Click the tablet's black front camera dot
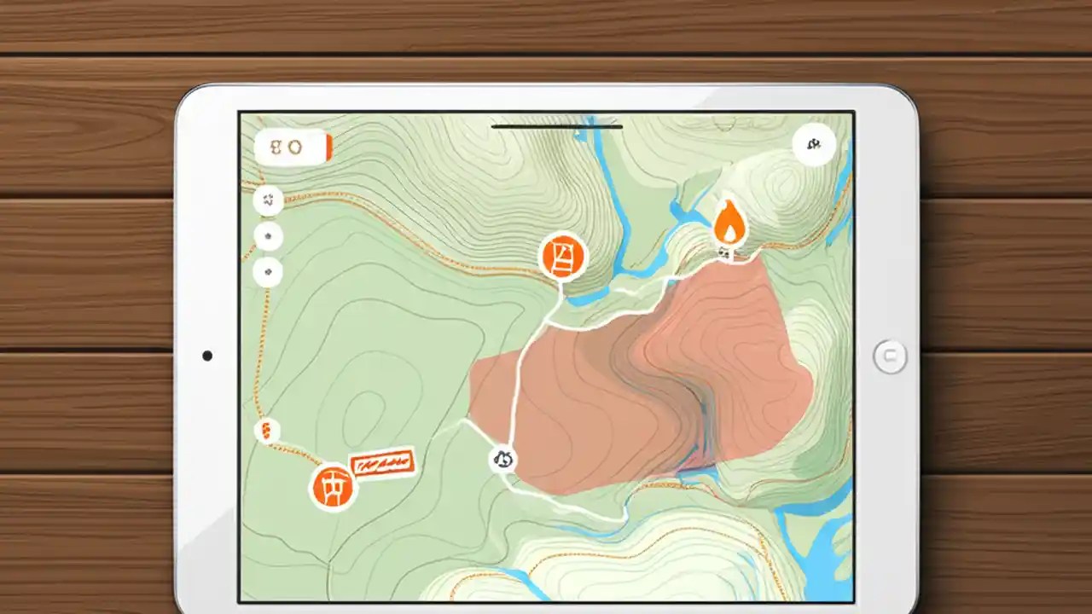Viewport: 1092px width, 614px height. (x=207, y=356)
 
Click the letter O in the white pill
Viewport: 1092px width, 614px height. (x=294, y=148)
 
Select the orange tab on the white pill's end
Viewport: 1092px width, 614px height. (x=328, y=148)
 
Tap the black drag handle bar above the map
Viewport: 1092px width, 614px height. (x=557, y=127)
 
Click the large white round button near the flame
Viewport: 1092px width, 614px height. (x=813, y=145)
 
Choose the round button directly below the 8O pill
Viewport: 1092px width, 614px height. (x=269, y=201)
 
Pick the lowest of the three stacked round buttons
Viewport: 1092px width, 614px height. (x=269, y=272)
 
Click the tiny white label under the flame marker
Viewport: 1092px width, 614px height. (x=724, y=252)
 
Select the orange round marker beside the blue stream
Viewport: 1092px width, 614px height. (x=564, y=257)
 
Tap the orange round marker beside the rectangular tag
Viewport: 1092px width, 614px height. (x=332, y=486)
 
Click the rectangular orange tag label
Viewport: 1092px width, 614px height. (x=383, y=464)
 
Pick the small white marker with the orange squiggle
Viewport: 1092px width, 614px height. (x=267, y=431)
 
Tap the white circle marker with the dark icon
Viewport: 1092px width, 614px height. (x=502, y=460)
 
